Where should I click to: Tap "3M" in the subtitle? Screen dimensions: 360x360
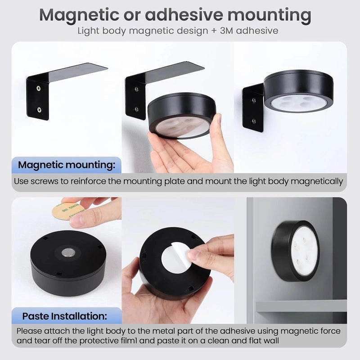(x=226, y=31)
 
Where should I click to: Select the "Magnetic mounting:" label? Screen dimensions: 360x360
(x=67, y=165)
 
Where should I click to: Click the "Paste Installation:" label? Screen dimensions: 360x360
(x=64, y=316)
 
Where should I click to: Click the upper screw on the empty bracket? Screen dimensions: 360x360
(x=39, y=88)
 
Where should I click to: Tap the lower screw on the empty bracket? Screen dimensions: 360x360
(x=39, y=110)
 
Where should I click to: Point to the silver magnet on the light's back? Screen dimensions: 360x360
(x=68, y=253)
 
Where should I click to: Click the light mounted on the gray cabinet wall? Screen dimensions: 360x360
(x=296, y=251)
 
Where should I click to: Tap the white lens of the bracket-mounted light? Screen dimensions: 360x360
(x=298, y=102)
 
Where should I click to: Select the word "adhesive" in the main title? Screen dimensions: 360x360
(x=184, y=15)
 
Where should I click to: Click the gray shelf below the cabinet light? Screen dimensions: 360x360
(x=301, y=306)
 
